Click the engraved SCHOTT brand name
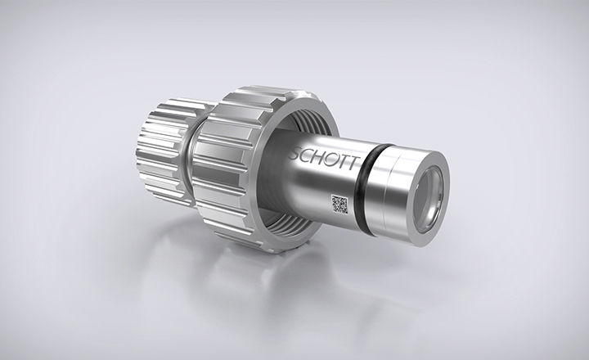pos(323,158)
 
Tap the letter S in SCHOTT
pos(294,154)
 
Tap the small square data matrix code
pos(339,204)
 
